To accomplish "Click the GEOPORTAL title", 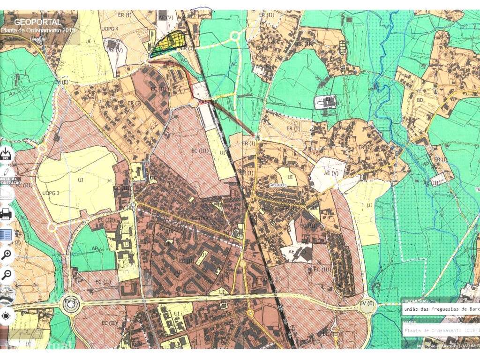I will (37, 22).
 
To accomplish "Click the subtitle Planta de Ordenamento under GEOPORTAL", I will (38, 30).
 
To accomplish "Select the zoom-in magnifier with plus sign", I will (7, 255).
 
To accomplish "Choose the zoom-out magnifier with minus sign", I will (7, 275).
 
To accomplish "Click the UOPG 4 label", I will (110, 29).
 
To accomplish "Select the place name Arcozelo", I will (279, 184).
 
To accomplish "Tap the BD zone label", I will (420, 100).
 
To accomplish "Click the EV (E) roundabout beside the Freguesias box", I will (367, 305).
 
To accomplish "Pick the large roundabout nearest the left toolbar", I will (71, 305).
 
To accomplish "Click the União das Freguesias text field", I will (441, 309).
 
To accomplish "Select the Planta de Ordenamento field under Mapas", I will (441, 330).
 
